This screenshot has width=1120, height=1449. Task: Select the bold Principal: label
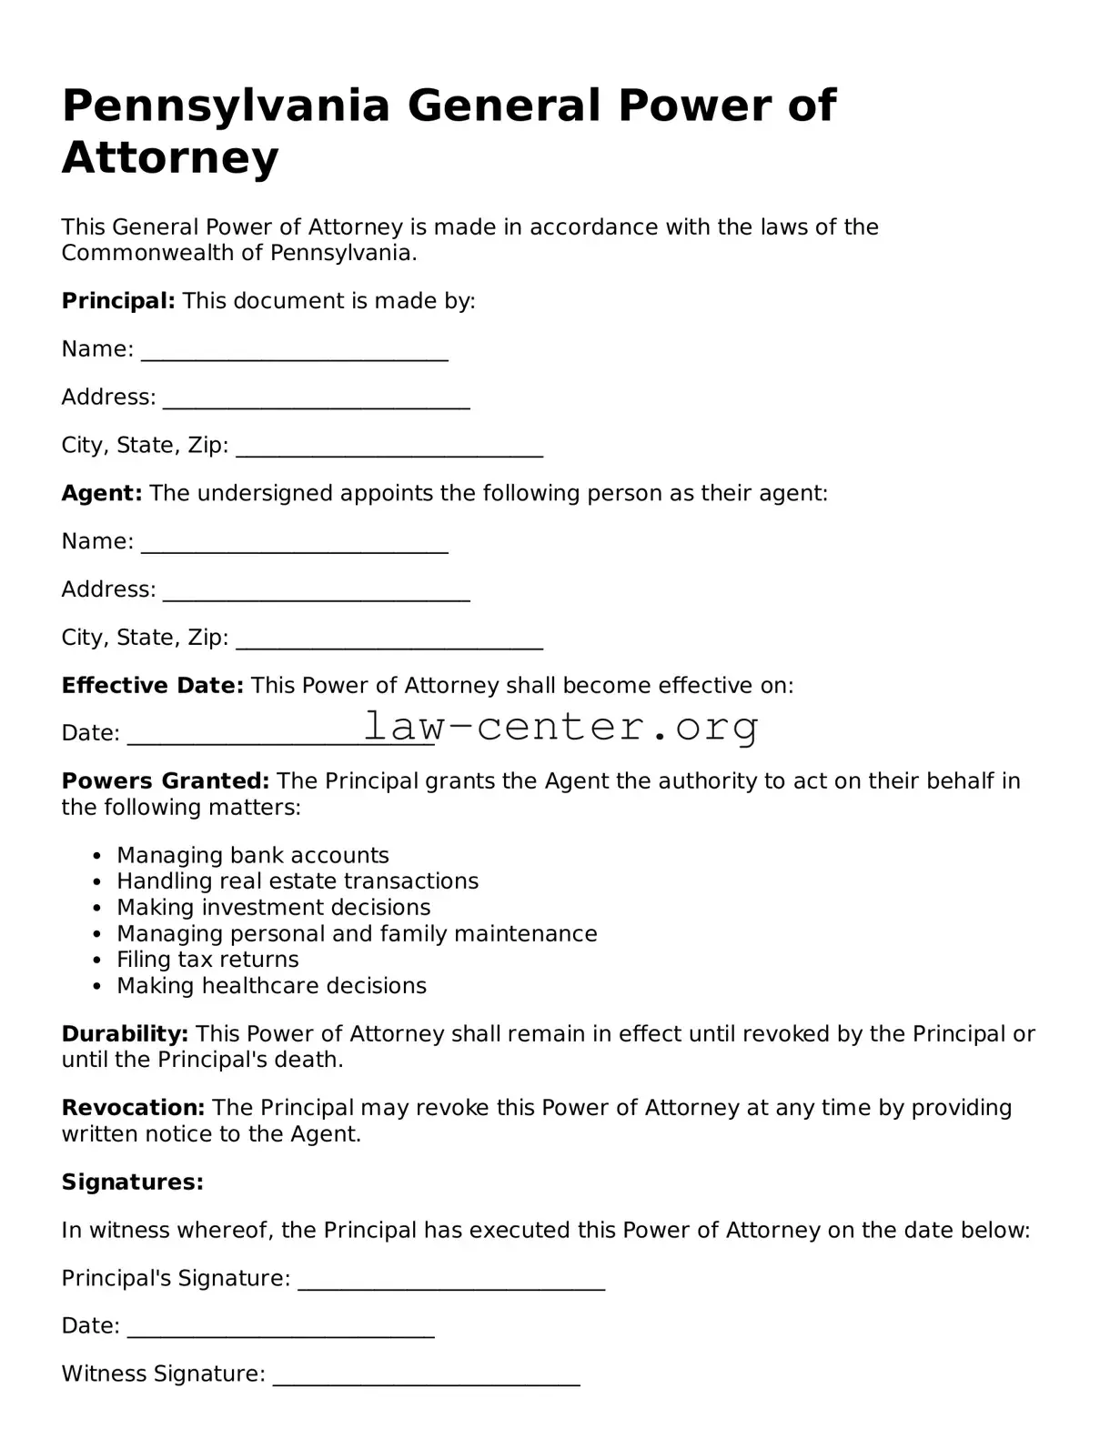tap(117, 301)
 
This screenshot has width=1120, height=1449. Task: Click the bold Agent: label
tap(101, 493)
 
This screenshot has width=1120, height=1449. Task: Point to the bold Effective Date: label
tap(152, 685)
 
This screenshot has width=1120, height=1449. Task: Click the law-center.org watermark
tap(560, 726)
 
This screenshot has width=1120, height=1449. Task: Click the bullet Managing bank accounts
tap(252, 856)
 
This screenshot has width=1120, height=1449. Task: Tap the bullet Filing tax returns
tap(207, 960)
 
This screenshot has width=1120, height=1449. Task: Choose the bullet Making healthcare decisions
tap(271, 986)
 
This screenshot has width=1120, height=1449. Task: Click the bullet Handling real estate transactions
tap(297, 881)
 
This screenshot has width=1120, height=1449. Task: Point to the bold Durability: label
tap(125, 1034)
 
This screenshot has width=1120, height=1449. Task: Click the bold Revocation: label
tap(133, 1108)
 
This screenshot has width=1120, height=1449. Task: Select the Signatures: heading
tap(132, 1182)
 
